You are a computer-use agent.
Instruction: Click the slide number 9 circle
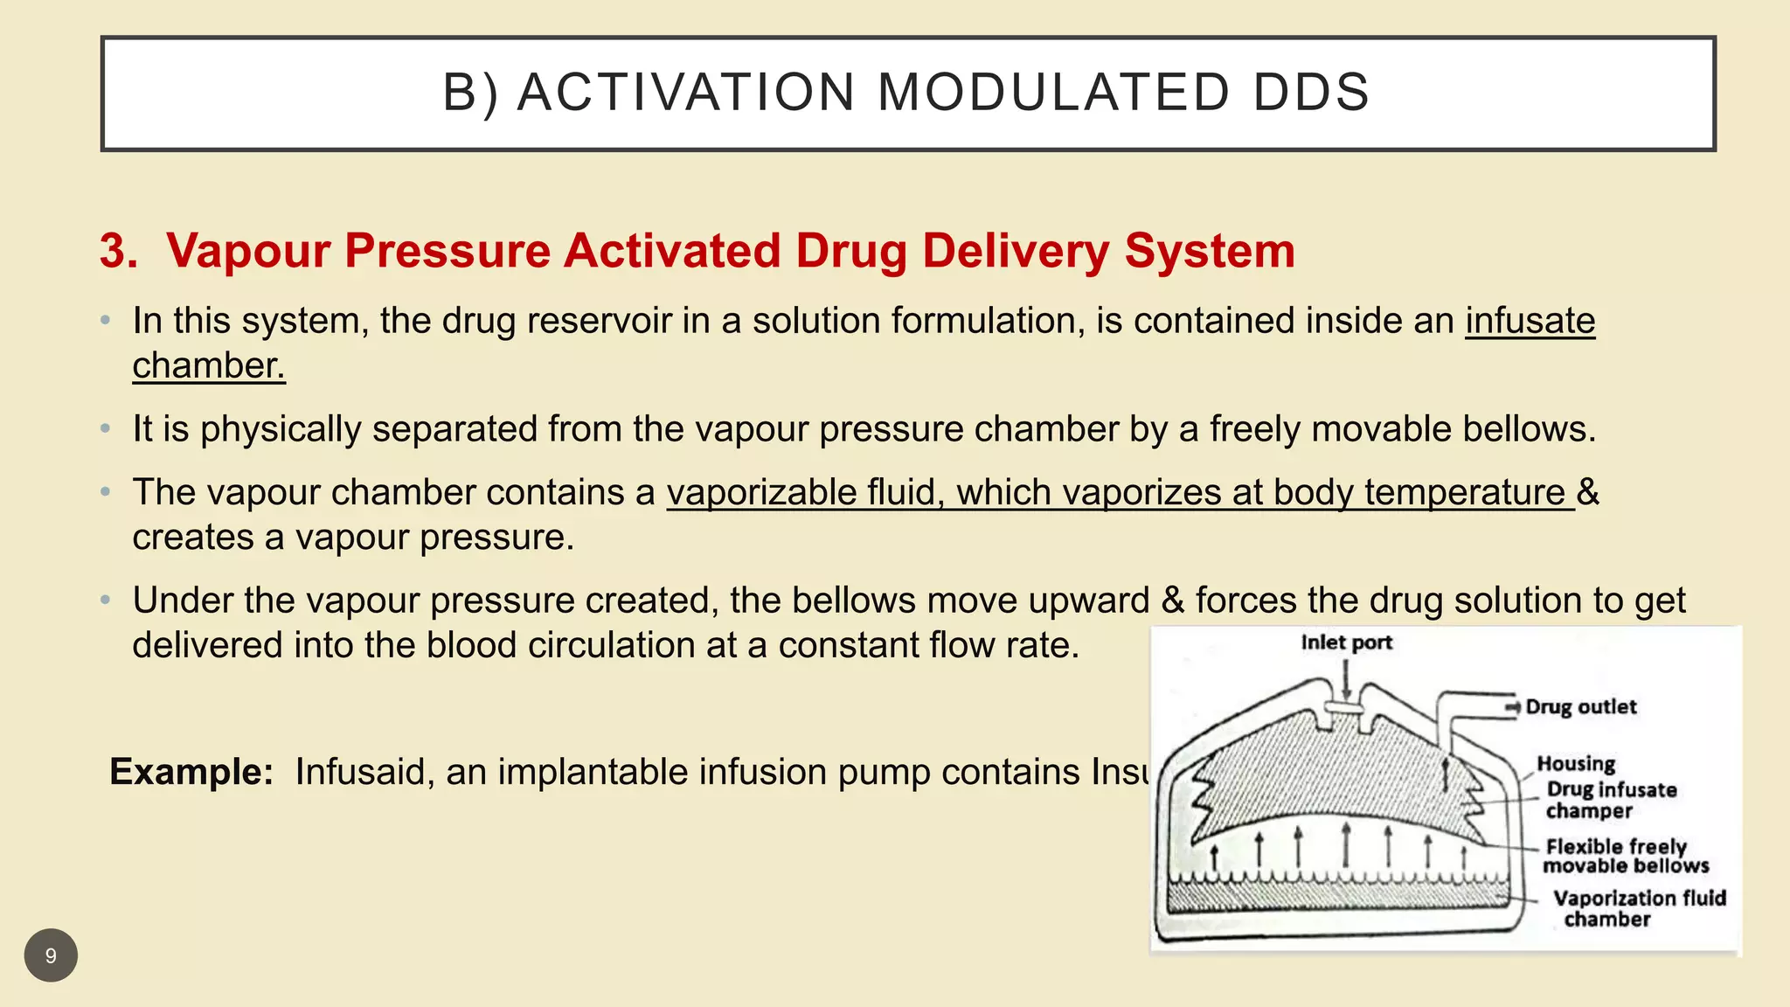[51, 955]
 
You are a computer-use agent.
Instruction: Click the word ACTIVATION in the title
[686, 93]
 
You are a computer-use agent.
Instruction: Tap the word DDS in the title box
[1311, 93]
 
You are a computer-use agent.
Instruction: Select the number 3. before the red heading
[119, 251]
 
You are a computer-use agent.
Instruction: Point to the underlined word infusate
[1530, 321]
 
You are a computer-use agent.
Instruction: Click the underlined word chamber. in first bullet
[209, 366]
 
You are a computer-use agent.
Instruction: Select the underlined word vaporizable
[760, 493]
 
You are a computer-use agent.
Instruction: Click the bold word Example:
[191, 772]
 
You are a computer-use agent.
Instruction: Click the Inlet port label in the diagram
[1346, 642]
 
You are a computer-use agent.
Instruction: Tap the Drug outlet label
[1580, 706]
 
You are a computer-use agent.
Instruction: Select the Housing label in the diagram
[1576, 763]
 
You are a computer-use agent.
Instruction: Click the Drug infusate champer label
[1610, 800]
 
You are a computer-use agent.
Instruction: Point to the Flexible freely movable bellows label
[1624, 856]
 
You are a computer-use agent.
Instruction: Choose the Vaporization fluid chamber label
[1638, 908]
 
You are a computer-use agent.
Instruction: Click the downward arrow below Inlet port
[1346, 678]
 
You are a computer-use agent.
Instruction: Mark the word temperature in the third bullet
[1465, 493]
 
